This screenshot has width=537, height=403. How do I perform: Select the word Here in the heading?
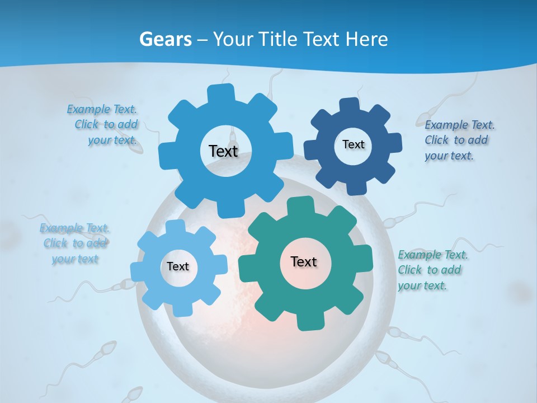click(366, 39)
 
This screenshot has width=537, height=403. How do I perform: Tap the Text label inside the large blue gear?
click(223, 151)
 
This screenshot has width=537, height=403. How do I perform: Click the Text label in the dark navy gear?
click(353, 144)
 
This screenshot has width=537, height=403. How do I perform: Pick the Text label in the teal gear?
click(304, 261)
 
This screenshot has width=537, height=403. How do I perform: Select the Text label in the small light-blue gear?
click(178, 267)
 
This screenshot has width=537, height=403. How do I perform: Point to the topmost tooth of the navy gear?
click(348, 105)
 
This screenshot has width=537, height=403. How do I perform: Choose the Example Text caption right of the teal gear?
click(432, 270)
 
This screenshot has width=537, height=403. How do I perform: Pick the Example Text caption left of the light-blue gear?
click(75, 243)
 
